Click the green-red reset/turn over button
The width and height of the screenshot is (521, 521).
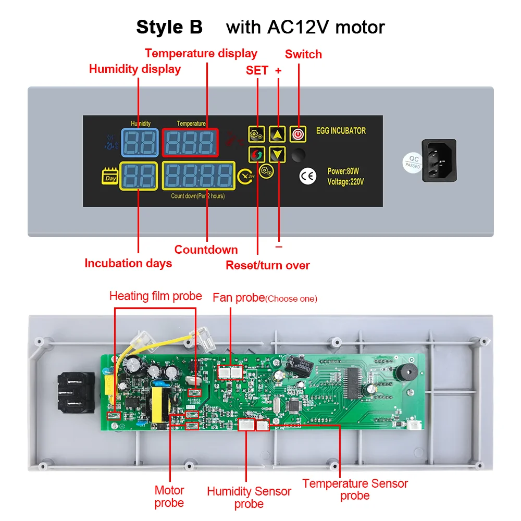pyautogui.click(x=257, y=155)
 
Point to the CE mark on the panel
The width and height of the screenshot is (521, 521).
pyautogui.click(x=307, y=176)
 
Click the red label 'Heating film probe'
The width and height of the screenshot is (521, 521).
pyautogui.click(x=155, y=296)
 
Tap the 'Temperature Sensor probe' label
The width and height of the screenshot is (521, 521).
pyautogui.click(x=355, y=489)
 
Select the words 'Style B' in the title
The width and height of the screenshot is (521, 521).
pyautogui.click(x=169, y=27)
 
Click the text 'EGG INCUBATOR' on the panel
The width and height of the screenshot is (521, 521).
pyautogui.click(x=341, y=131)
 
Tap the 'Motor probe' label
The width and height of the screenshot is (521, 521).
pyautogui.click(x=169, y=496)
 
